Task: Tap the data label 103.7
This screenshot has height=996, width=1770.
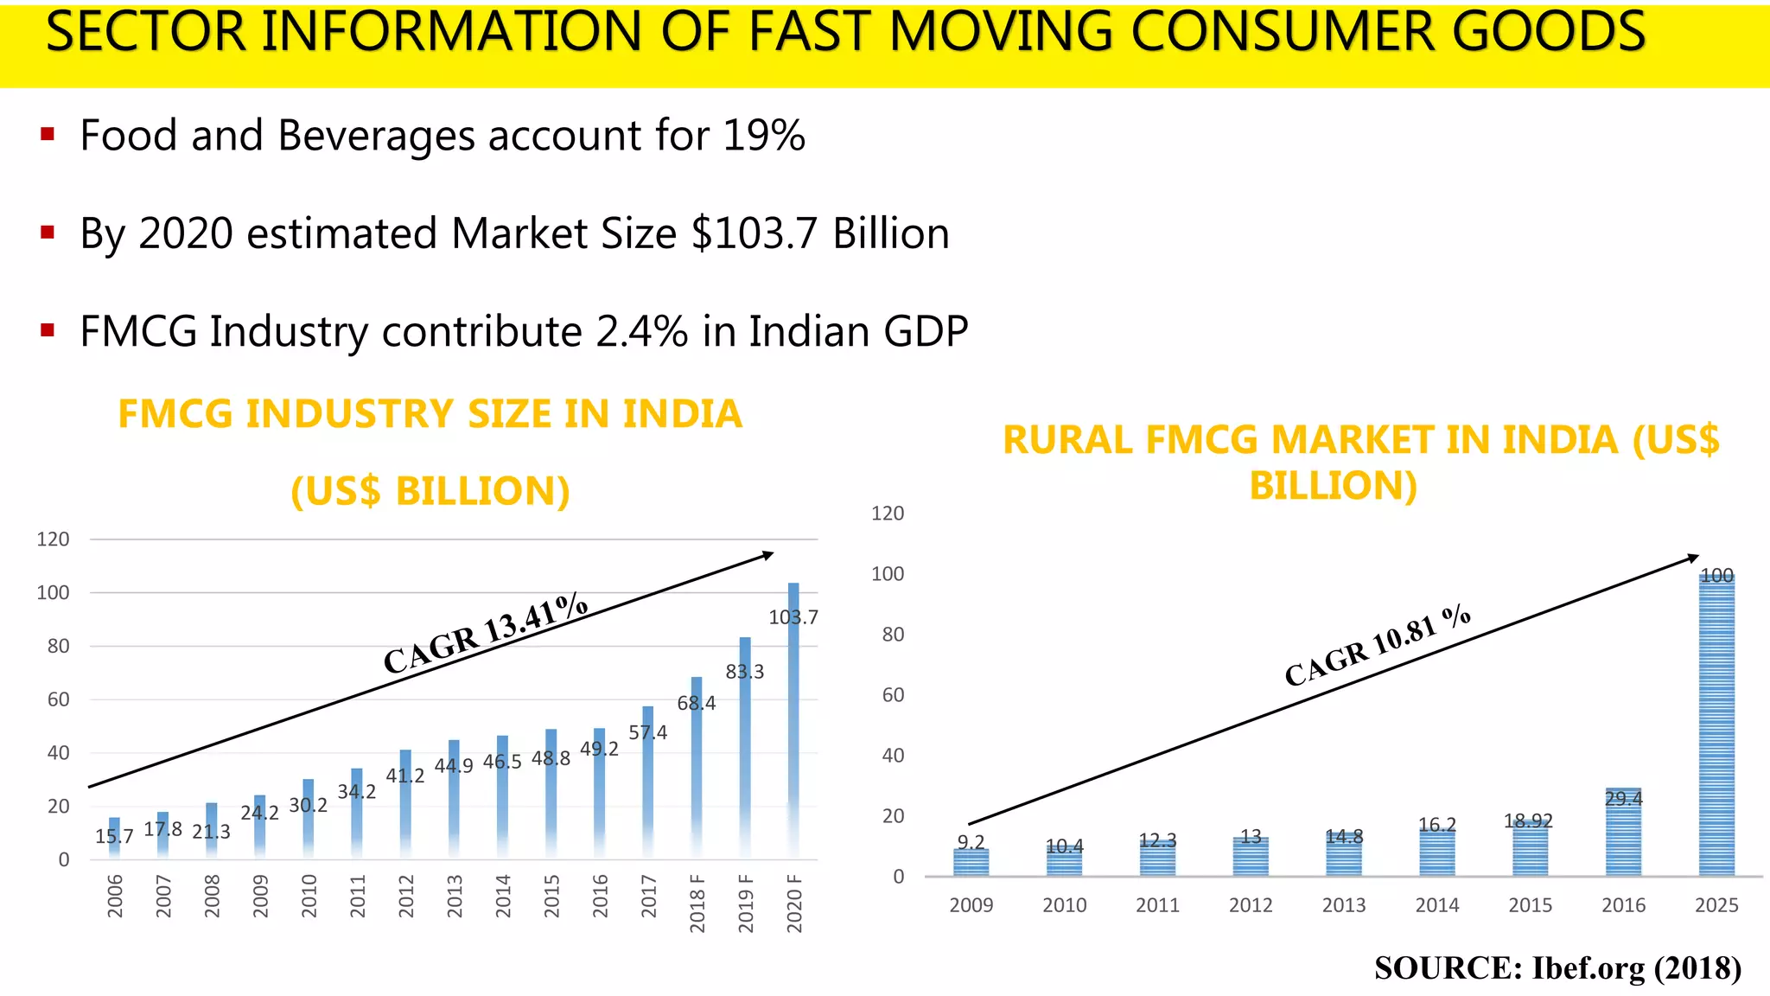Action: pyautogui.click(x=793, y=617)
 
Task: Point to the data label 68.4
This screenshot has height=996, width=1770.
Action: pyautogui.click(x=697, y=703)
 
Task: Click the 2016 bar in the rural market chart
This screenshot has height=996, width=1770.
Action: pyautogui.click(x=1623, y=834)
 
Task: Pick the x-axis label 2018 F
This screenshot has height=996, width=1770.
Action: pyautogui.click(x=697, y=903)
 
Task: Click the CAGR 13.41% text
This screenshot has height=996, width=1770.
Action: pyautogui.click(x=485, y=634)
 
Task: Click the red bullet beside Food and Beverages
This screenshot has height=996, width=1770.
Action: pyautogui.click(x=48, y=134)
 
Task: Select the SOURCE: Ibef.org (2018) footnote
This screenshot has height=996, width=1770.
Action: pyautogui.click(x=1557, y=967)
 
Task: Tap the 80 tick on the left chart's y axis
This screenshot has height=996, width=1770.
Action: pyautogui.click(x=58, y=646)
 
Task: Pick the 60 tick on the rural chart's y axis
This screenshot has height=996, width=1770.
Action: pyautogui.click(x=893, y=695)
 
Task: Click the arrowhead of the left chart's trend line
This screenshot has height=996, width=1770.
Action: pyautogui.click(x=767, y=555)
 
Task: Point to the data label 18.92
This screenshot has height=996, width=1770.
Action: pyautogui.click(x=1528, y=820)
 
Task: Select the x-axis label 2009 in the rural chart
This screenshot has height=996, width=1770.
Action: pyautogui.click(x=971, y=905)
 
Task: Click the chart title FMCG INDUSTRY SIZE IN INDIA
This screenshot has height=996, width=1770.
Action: pyautogui.click(x=430, y=414)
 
